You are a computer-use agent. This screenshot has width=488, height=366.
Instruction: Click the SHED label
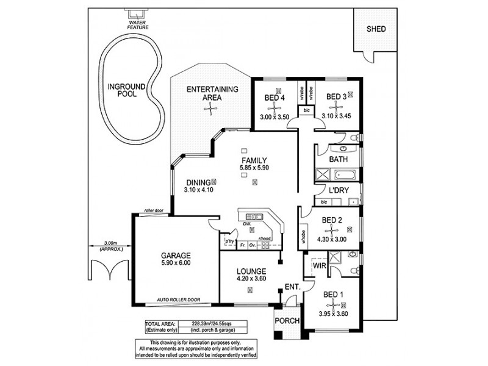pos(376,29)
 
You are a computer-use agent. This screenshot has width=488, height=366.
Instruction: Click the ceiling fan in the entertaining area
pos(211,109)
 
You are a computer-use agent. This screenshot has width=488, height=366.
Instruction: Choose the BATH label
pos(339,160)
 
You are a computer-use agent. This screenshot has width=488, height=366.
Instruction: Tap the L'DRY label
pos(339,191)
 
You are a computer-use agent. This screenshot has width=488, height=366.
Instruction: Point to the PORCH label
pos(285,321)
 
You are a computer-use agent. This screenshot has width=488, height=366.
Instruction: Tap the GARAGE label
pos(176,256)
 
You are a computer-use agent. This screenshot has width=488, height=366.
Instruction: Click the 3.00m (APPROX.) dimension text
pos(110,246)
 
